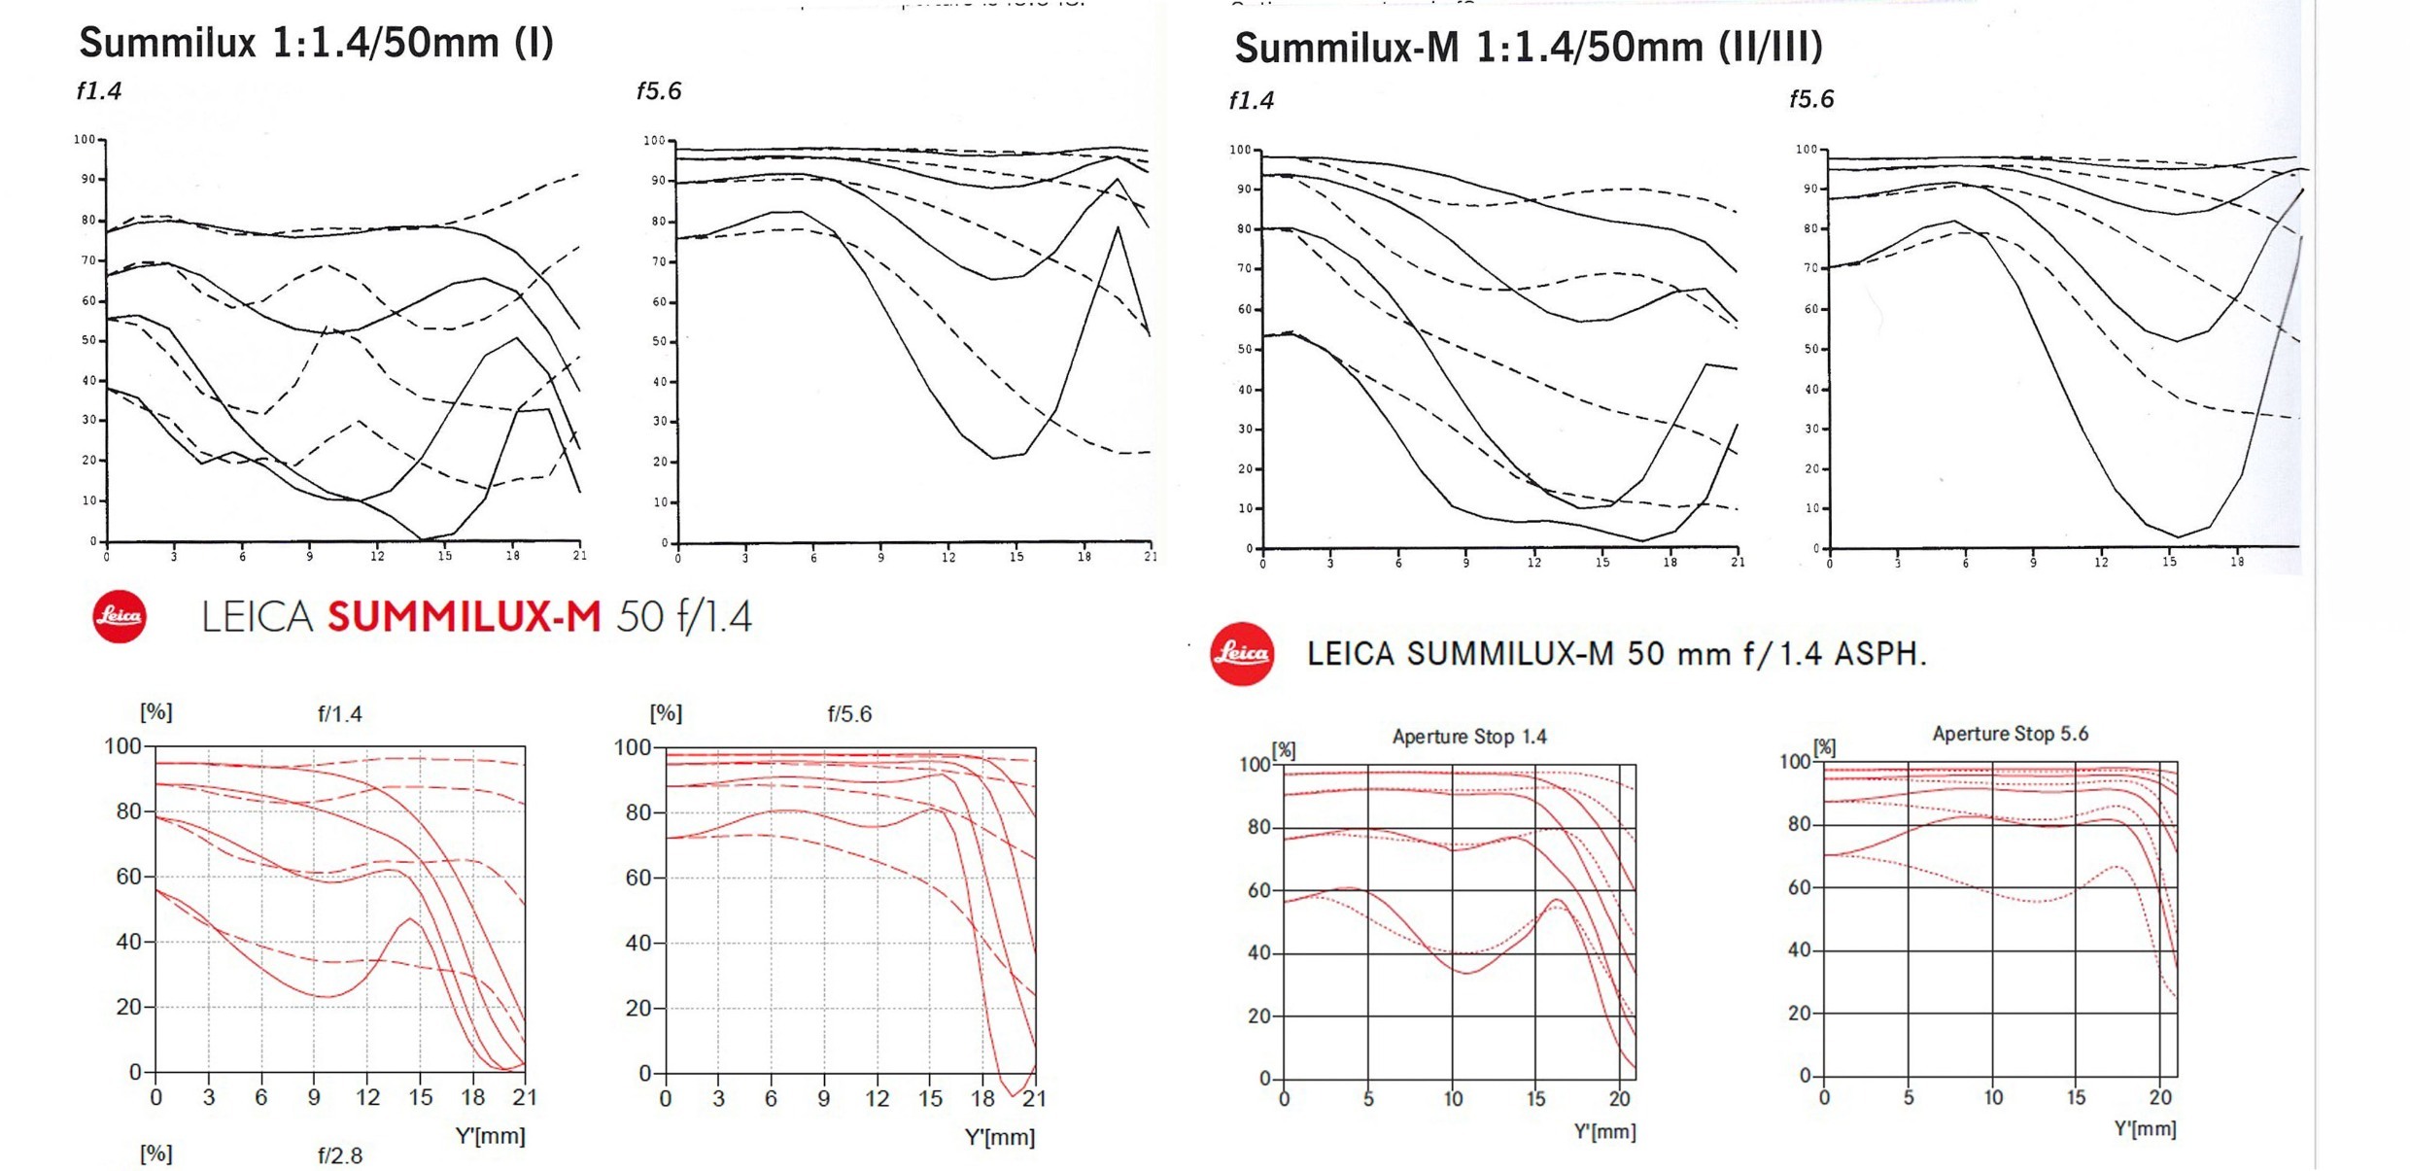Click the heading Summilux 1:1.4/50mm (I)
coord(316,43)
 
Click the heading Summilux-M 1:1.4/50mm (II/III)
coord(1528,48)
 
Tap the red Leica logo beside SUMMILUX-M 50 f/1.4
coord(120,616)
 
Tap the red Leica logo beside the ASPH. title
coord(1241,653)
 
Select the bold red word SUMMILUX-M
coord(464,617)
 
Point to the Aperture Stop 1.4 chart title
coord(1469,737)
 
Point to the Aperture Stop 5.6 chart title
coord(2010,734)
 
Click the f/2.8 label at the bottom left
coord(339,1155)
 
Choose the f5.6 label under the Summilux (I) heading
coord(659,91)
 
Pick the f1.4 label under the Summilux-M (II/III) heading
coord(1251,101)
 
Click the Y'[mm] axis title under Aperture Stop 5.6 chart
coord(2145,1129)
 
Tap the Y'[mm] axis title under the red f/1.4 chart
coord(490,1135)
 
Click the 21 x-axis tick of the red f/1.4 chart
coord(525,1098)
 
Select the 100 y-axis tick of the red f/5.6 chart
coord(632,747)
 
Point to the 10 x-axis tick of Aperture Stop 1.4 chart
coord(1453,1099)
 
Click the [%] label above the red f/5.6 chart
coord(666,713)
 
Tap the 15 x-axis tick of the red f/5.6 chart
coord(930,1099)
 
